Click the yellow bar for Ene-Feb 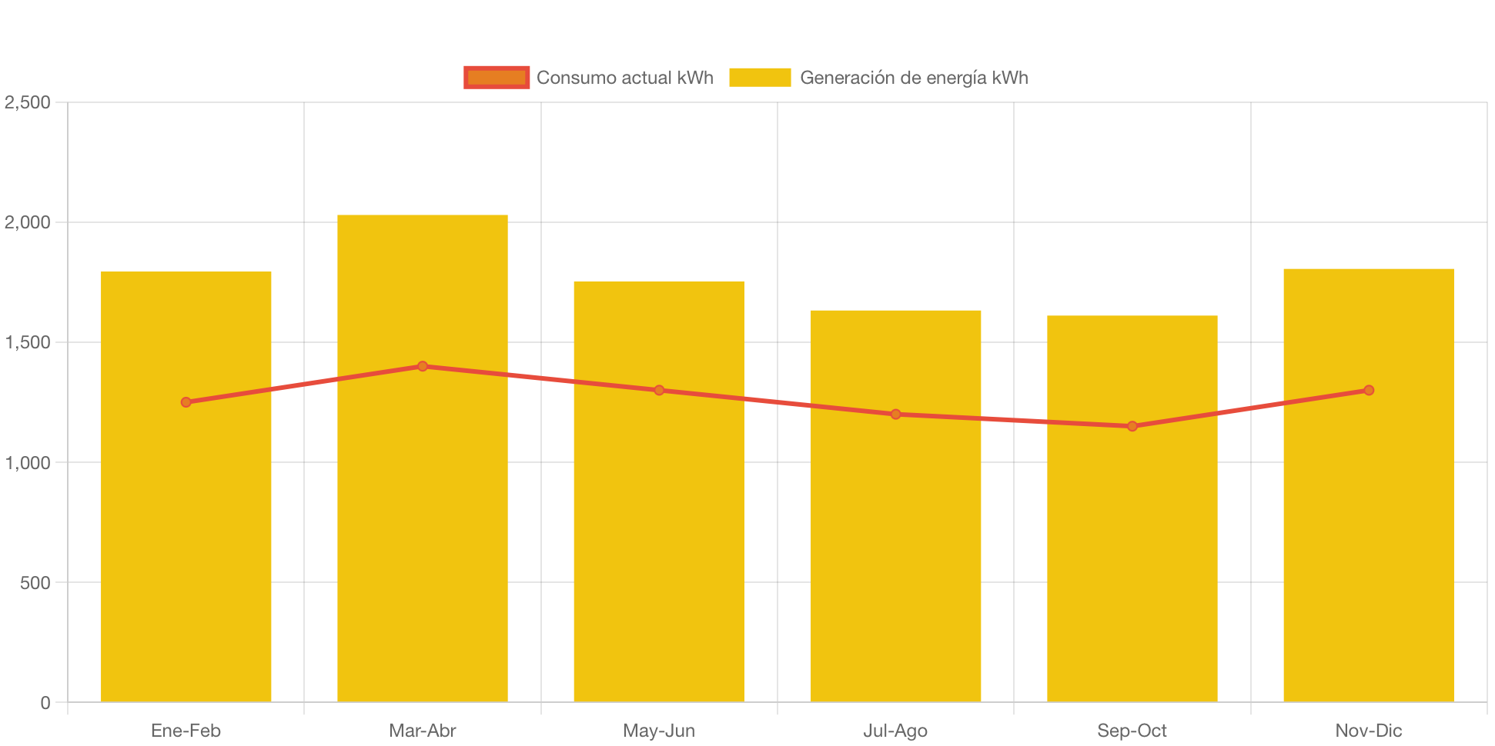point(186,538)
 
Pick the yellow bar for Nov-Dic point(1368,538)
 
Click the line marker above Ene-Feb point(186,402)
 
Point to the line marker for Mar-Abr point(423,366)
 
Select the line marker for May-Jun point(659,390)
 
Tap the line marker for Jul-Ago point(895,414)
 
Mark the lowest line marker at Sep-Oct point(1132,426)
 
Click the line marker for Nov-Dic point(1368,390)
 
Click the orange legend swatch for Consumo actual point(497,78)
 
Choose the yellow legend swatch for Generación point(759,78)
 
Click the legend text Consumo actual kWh point(624,78)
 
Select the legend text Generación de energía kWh point(914,78)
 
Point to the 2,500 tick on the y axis point(28,102)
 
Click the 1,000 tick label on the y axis point(28,463)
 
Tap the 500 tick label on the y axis point(35,583)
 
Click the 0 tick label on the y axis point(45,703)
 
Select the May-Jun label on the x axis point(659,731)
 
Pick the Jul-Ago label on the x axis point(895,731)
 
